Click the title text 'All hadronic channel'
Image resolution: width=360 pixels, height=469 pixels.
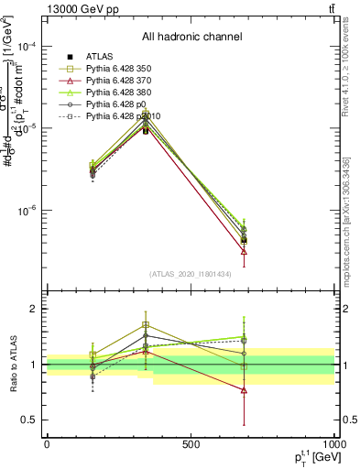(x=191, y=37)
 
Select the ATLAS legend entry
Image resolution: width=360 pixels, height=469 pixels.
(x=99, y=56)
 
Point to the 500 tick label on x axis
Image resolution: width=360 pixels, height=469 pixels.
(x=191, y=444)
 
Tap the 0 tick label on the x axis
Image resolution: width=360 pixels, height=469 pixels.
(x=47, y=444)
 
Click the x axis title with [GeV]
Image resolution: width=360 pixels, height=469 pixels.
(x=315, y=457)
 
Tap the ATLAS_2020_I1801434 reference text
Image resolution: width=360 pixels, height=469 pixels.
(x=191, y=274)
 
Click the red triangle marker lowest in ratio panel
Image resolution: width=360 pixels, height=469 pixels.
(x=244, y=390)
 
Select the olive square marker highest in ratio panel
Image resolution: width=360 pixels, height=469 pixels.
(x=146, y=325)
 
